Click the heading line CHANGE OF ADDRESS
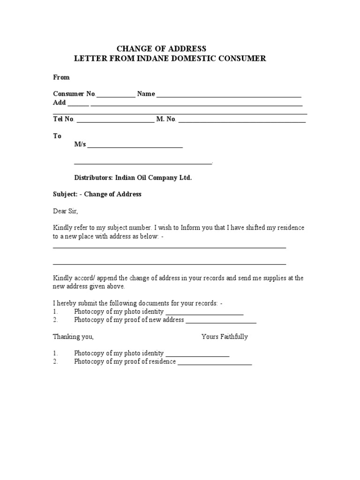[161, 49]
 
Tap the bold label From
[61, 77]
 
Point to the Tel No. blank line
[115, 121]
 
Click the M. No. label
[166, 119]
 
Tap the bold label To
[57, 136]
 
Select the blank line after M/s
[135, 147]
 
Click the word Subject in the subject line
[65, 194]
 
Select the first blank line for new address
[169, 247]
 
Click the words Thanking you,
[73, 337]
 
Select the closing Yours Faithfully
[225, 337]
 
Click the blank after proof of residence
[215, 364]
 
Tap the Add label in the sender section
[59, 103]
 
